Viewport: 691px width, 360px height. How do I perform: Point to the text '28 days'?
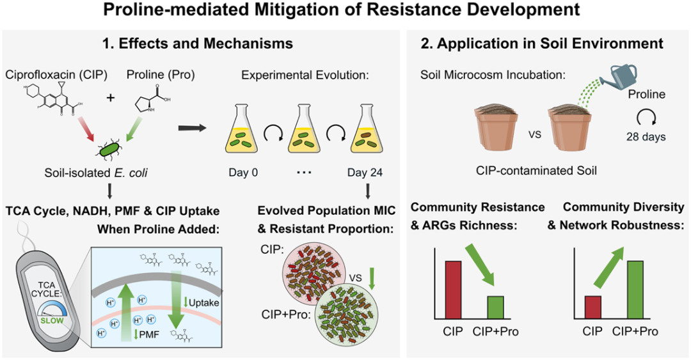click(x=647, y=136)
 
